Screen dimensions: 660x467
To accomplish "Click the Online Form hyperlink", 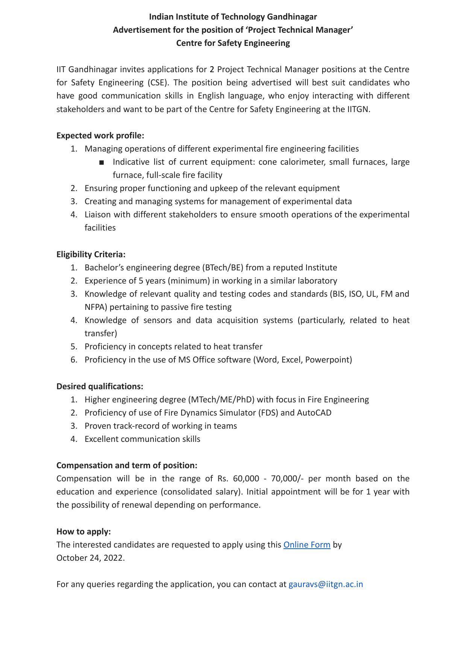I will click(x=306, y=545).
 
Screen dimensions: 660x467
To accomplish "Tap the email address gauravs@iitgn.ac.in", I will click(x=326, y=584).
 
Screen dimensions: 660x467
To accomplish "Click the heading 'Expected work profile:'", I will click(x=100, y=135).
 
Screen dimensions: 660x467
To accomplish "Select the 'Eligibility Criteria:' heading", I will click(x=91, y=254).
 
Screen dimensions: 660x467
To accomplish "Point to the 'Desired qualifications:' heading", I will click(x=100, y=386).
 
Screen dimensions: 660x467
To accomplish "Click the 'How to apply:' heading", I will click(x=83, y=531).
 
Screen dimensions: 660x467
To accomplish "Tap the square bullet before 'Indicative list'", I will click(x=102, y=162).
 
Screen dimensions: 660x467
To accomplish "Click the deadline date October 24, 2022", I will click(x=90, y=558).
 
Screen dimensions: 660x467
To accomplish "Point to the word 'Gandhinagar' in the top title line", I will click(x=292, y=17).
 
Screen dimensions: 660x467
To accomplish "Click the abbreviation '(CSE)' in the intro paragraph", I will click(x=157, y=82).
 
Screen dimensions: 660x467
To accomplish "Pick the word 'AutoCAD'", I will click(x=314, y=413).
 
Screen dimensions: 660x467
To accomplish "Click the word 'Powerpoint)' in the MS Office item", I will click(x=328, y=360).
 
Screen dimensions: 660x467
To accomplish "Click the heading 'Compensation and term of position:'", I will click(x=127, y=465).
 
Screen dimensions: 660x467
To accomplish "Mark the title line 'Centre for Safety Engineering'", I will click(x=233, y=43).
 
